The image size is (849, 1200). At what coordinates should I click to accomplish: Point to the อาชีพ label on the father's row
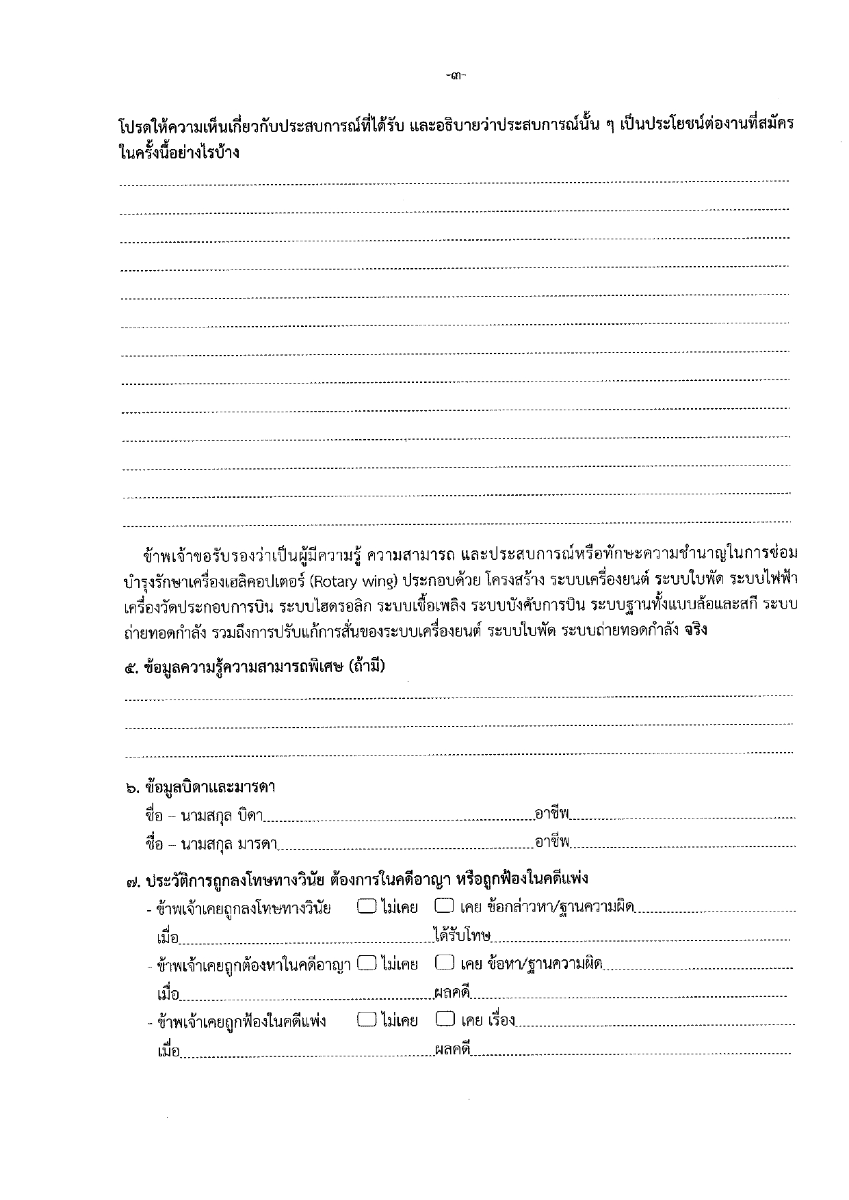(x=552, y=814)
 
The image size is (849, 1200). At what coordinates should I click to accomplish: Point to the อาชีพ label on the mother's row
(x=552, y=842)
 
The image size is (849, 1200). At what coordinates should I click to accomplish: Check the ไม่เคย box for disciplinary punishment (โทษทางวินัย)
(x=367, y=907)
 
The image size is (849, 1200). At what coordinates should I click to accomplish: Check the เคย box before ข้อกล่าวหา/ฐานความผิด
(x=444, y=907)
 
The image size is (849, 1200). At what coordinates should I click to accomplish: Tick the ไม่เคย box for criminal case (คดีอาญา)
(x=367, y=963)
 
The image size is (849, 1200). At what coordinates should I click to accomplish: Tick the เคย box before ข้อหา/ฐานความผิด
(x=444, y=963)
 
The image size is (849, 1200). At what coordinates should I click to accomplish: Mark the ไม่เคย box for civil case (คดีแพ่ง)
(x=367, y=1020)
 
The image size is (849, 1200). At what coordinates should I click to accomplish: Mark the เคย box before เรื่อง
(x=444, y=1020)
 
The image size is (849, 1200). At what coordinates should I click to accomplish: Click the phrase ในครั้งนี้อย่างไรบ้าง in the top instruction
(x=179, y=152)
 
